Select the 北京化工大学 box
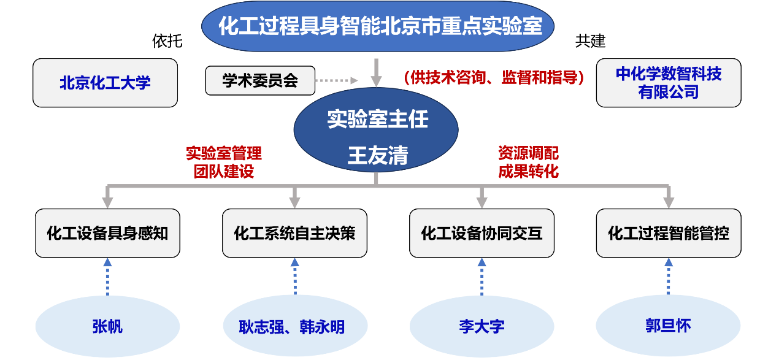[x=105, y=83]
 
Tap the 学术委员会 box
[x=260, y=81]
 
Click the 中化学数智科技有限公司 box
[x=669, y=83]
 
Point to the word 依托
[x=167, y=41]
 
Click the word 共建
[x=590, y=41]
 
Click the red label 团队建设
[x=223, y=171]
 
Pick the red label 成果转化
[x=528, y=171]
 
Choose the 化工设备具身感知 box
[x=107, y=233]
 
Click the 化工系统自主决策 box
[x=294, y=233]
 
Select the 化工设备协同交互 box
[x=482, y=233]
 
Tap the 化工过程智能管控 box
[x=669, y=233]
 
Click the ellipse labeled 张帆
[x=107, y=326]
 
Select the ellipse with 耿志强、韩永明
[x=294, y=326]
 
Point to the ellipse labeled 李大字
[x=482, y=326]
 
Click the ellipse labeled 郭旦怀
[x=669, y=325]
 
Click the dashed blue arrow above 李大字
[x=482, y=277]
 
